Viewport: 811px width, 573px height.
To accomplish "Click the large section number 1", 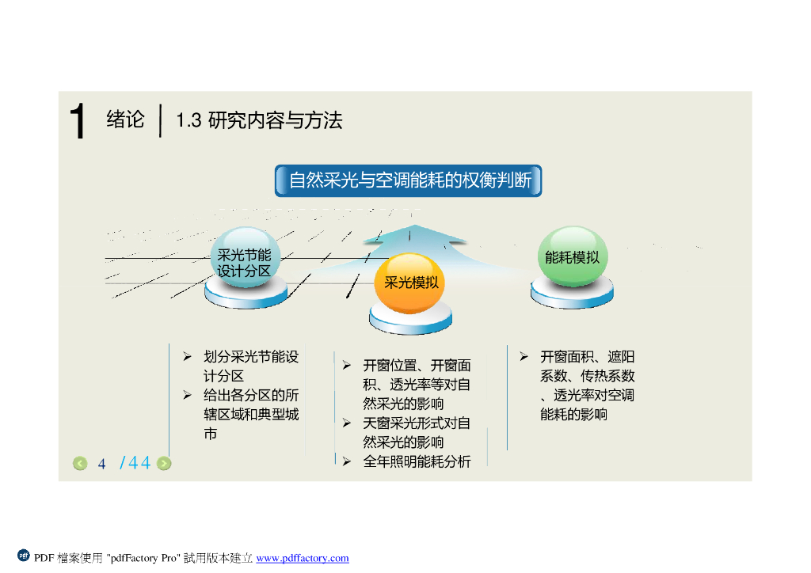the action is (x=77, y=123).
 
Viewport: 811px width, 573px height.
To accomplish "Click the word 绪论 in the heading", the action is (x=126, y=120).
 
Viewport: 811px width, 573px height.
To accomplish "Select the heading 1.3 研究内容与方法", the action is (x=259, y=121).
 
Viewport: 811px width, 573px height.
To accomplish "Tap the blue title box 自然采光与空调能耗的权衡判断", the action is (x=409, y=180).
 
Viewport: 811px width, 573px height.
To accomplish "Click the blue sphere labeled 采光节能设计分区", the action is (x=244, y=259).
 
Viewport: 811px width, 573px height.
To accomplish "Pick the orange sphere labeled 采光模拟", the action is (x=410, y=283).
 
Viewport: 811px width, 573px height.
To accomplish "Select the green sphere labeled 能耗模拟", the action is (x=572, y=257).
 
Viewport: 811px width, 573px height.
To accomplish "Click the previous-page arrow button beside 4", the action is (x=80, y=464).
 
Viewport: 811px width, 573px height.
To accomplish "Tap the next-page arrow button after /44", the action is (x=164, y=464).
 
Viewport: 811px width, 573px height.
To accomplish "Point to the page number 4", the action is (x=102, y=464).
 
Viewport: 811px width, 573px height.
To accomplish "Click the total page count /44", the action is (x=135, y=463).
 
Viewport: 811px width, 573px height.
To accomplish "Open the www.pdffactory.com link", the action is (x=303, y=559).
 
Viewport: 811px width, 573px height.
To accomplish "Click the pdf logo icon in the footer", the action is (x=24, y=556).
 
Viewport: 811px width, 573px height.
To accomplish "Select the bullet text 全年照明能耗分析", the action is (x=417, y=461).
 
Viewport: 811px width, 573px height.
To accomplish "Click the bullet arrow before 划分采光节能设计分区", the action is (x=188, y=357).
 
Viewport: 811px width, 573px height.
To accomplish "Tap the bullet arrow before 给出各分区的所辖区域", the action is (x=188, y=395).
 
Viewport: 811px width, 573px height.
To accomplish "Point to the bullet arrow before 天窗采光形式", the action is (x=347, y=423).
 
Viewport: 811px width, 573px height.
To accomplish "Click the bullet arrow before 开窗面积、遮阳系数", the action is (x=524, y=357).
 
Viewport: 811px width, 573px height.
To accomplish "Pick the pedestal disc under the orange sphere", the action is (x=410, y=320).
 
